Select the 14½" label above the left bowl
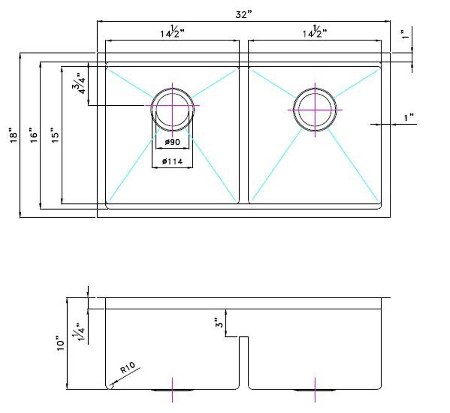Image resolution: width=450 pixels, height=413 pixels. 172,32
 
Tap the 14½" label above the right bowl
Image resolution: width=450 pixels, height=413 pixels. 315,32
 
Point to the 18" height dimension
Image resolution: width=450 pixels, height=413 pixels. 14,137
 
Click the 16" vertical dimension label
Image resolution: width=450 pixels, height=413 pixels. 33,135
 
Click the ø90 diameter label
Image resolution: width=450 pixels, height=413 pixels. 172,142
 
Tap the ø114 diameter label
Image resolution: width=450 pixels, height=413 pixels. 172,161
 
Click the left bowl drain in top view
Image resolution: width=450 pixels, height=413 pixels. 172,106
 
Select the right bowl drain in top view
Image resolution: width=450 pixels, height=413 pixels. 315,110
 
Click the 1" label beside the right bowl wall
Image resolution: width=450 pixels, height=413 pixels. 409,118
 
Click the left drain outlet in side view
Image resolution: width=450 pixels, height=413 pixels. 172,389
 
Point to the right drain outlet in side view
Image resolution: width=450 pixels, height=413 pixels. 315,389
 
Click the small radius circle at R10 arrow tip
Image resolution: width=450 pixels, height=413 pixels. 110,386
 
